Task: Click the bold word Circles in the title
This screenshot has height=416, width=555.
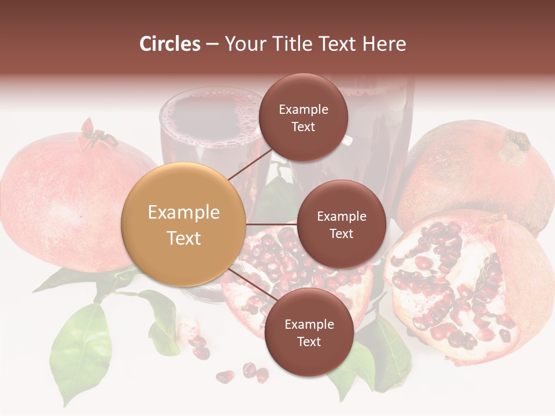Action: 169,44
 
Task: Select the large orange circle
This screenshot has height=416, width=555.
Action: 183,224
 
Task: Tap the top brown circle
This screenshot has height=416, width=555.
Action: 303,117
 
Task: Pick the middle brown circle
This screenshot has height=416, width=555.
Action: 341,224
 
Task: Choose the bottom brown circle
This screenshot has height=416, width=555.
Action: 309,332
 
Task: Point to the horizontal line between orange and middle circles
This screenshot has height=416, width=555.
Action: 271,224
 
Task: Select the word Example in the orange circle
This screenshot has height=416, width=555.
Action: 183,213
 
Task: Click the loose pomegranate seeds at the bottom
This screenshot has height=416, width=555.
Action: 243,373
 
